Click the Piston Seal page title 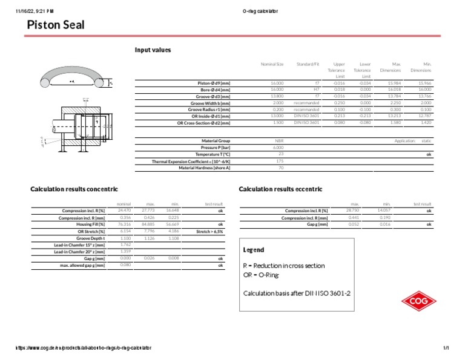point(56,25)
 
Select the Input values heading point(153,50)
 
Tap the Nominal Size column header point(271,64)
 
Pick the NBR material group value point(279,140)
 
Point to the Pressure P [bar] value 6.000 point(278,147)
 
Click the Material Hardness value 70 point(280,168)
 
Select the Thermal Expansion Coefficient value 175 point(280,161)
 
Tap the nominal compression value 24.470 point(125,211)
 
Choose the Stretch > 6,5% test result point(210,231)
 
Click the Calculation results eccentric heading point(280,189)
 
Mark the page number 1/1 point(446,348)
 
